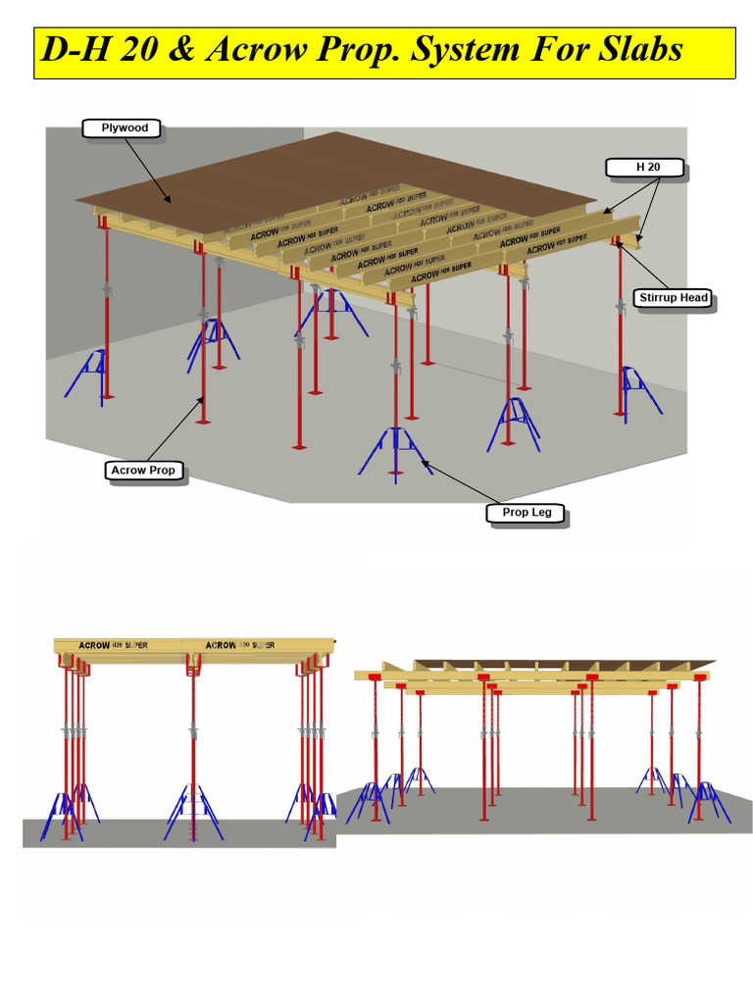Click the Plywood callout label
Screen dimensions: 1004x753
(x=125, y=127)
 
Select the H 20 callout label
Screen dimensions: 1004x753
(x=647, y=168)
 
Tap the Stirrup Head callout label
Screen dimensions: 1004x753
(x=673, y=298)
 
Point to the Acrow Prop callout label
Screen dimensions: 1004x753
(x=143, y=471)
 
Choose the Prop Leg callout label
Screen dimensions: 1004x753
(x=527, y=513)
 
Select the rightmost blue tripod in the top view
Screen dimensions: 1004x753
(x=639, y=387)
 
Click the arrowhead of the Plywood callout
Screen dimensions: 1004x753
(x=173, y=202)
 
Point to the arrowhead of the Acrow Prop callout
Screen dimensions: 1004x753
(x=203, y=397)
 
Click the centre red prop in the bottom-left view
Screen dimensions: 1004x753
(x=193, y=745)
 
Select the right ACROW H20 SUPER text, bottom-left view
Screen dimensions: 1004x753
(x=240, y=645)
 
